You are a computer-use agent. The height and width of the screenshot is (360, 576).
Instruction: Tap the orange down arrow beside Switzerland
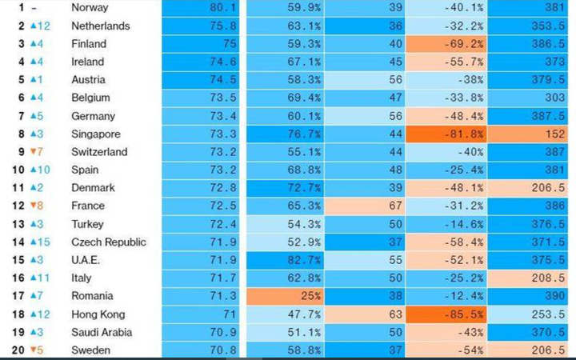pos(33,152)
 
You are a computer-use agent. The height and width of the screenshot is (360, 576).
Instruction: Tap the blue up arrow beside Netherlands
pos(33,26)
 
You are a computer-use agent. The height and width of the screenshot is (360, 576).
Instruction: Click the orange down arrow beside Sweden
pos(33,350)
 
